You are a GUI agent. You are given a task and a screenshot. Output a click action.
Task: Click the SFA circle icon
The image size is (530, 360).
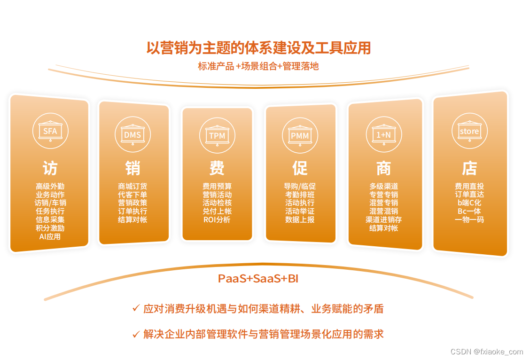[x=50, y=131]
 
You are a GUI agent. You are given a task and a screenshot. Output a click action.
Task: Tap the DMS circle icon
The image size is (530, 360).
[x=132, y=134]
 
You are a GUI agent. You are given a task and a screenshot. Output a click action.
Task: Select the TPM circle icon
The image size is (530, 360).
[x=217, y=135]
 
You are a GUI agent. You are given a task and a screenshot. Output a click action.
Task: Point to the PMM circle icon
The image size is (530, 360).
[x=300, y=135]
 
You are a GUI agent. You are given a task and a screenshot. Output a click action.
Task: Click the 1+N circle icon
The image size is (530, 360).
[x=383, y=134]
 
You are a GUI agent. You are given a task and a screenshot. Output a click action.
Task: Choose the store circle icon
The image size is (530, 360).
[x=469, y=131]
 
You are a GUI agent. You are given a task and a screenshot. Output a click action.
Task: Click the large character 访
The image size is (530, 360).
[x=50, y=168]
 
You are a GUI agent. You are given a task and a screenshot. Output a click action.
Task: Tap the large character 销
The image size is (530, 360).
[x=132, y=168]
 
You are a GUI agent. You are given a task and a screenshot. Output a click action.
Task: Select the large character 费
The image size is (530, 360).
[x=217, y=168]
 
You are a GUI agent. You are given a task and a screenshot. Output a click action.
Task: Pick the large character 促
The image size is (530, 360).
[x=300, y=168]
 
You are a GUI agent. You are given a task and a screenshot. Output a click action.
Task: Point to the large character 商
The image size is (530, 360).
[x=383, y=168]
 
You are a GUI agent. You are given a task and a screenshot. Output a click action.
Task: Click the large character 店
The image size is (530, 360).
[x=469, y=168]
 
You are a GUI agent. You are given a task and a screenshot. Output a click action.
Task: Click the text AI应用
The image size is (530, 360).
[x=50, y=236]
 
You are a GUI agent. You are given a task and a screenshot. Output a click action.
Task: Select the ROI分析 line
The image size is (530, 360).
[x=217, y=219]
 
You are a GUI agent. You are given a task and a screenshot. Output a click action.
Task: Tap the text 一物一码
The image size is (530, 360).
[x=469, y=219]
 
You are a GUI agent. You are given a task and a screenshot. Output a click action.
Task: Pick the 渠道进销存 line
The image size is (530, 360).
[x=383, y=219]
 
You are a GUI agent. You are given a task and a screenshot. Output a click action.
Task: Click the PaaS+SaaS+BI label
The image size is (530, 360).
[x=258, y=279]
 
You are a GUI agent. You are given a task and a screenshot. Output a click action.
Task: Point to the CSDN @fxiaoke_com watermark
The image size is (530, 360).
[x=487, y=352]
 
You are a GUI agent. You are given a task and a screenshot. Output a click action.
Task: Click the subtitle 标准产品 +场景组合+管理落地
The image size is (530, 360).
[x=258, y=66]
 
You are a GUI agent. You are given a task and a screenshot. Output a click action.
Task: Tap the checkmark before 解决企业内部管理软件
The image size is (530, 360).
[x=136, y=334]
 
